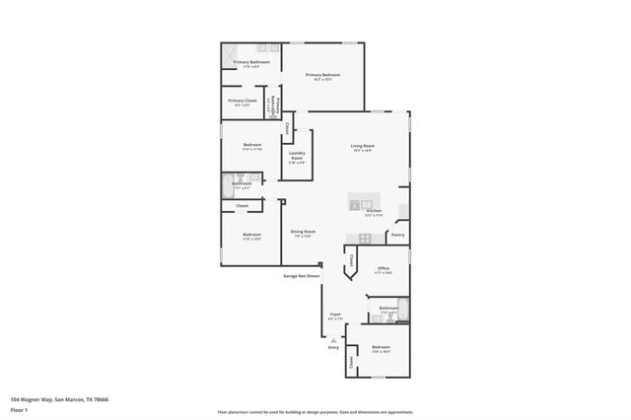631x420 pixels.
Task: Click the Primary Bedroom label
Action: (322, 75)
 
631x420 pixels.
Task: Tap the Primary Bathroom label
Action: (251, 62)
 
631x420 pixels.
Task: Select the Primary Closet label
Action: (243, 101)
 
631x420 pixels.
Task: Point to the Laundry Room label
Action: (297, 155)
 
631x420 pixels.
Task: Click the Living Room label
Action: (362, 147)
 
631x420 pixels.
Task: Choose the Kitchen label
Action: (374, 212)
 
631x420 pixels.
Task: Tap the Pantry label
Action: (397, 235)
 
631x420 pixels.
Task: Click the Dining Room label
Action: (303, 233)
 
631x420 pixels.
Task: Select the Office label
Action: (384, 268)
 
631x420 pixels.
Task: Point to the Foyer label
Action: (335, 316)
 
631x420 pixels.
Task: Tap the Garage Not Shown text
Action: (302, 276)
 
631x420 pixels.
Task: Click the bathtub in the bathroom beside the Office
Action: (402, 309)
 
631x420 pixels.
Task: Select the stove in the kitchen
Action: (365, 238)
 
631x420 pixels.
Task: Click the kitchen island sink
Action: (355, 206)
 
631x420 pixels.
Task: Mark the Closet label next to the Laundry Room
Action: (288, 128)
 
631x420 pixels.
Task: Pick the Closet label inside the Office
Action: (352, 260)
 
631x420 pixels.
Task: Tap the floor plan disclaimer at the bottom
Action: (315, 412)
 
